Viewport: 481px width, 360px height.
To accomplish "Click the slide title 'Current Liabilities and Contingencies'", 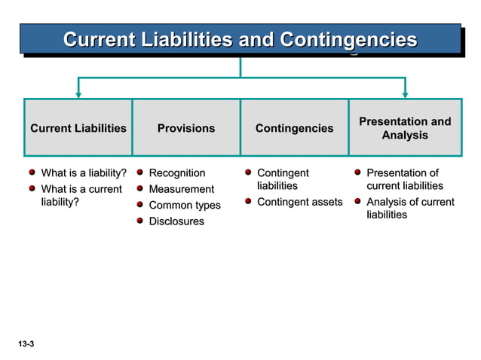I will [240, 39].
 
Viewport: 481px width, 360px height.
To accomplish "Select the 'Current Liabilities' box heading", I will [78, 129].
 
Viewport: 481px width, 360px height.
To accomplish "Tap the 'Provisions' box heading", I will [186, 129].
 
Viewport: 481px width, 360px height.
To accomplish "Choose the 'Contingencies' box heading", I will [294, 129].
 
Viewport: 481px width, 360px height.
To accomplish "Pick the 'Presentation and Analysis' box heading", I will [405, 129].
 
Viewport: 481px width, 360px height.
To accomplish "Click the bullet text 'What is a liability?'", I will [83, 173].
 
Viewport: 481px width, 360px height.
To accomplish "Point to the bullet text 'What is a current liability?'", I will [81, 195].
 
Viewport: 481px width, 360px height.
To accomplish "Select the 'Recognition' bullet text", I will [177, 173].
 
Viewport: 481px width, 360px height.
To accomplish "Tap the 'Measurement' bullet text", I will [182, 189].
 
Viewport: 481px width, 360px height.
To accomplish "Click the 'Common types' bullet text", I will [185, 205].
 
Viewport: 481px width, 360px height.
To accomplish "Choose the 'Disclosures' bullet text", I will [176, 221].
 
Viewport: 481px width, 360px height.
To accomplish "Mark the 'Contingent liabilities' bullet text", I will [282, 179].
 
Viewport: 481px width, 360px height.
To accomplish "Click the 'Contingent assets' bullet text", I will [299, 202].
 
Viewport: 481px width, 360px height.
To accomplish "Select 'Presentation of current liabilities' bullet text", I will [404, 179].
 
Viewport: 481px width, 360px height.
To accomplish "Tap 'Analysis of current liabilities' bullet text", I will [410, 208].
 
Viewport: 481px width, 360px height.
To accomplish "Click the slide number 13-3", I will [26, 344].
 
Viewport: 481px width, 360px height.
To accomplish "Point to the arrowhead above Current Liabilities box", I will [78, 94].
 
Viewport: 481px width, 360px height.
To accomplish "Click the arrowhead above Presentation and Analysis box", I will [405, 94].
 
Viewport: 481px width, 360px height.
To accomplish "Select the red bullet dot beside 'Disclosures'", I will [140, 221].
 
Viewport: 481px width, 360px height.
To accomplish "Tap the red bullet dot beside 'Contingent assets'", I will [248, 201].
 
